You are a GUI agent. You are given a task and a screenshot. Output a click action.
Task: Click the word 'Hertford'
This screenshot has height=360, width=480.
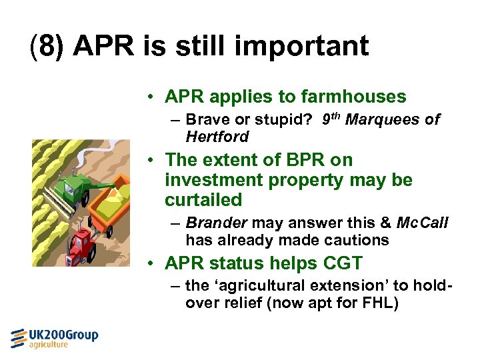(217, 137)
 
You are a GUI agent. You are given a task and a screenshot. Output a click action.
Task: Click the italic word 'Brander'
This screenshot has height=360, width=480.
(213, 223)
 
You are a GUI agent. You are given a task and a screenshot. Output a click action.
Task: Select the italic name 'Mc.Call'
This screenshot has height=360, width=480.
(422, 223)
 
